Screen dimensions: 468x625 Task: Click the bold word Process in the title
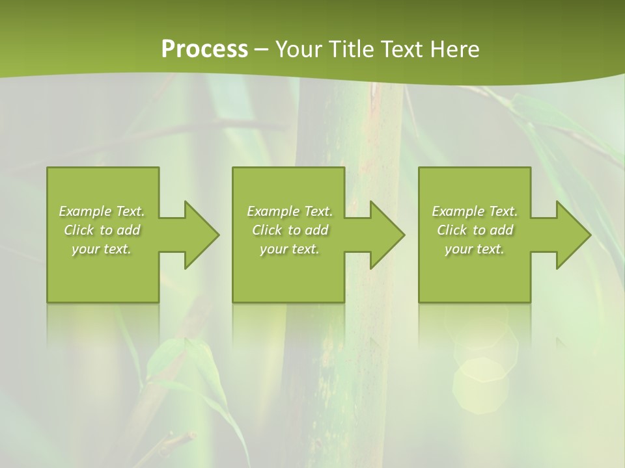204,49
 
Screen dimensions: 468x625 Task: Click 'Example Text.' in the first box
102,211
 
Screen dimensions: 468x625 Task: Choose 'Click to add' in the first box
102,230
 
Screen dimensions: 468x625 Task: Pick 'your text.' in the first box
102,249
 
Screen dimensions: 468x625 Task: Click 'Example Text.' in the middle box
290,211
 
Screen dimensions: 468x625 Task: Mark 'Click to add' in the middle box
290,230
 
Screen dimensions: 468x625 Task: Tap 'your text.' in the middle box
290,249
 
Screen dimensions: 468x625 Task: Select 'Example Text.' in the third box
475,211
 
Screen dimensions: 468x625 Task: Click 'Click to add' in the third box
475,230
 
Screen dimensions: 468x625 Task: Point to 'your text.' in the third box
475,249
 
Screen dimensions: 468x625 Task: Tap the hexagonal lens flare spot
480,385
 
